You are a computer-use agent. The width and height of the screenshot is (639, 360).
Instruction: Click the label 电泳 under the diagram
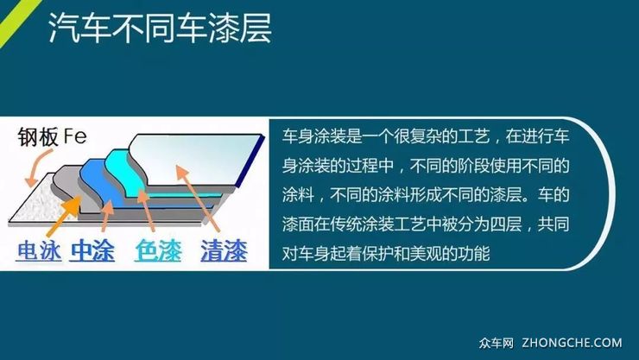pyautogui.click(x=40, y=251)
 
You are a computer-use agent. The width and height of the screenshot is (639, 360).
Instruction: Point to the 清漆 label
pyautogui.click(x=223, y=251)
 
